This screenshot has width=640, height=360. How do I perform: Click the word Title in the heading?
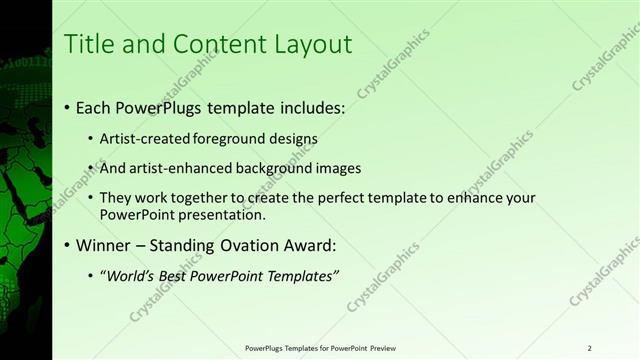[x=86, y=45]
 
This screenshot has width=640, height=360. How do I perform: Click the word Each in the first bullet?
[x=95, y=106]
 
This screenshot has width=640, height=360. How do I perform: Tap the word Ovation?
[x=251, y=245]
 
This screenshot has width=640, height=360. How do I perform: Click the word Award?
[x=312, y=245]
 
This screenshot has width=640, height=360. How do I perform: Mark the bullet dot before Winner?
[x=67, y=245]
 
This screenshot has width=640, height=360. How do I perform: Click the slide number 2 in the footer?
[x=589, y=348]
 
